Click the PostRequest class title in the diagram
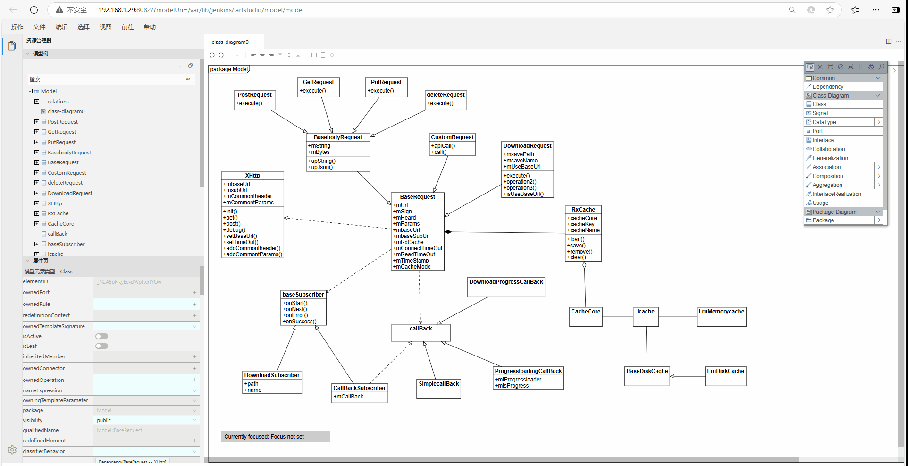point(254,95)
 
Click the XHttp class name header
point(252,176)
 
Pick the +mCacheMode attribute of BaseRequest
point(412,267)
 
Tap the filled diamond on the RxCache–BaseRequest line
point(448,232)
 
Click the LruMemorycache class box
point(721,316)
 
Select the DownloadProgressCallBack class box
point(506,287)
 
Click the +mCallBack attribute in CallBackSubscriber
point(349,397)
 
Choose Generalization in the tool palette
point(830,158)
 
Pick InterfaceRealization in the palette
point(836,194)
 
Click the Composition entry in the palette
point(827,176)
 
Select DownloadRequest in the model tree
point(70,193)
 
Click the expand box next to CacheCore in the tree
point(37,224)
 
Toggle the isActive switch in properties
point(101,336)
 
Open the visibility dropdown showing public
point(146,420)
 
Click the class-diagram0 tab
point(230,42)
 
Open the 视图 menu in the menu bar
point(105,27)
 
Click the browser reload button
point(34,10)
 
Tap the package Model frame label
point(229,69)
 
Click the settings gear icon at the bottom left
point(12,450)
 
